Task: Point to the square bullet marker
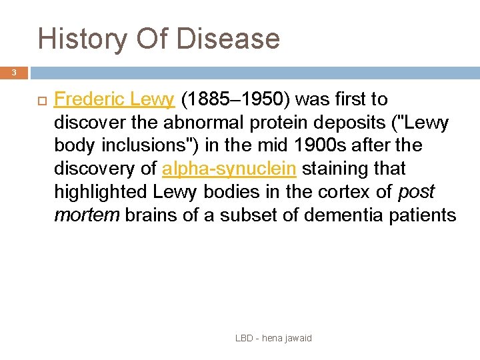(40, 100)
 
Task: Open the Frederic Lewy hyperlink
(114, 99)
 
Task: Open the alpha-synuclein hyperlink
(229, 168)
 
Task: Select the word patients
(423, 215)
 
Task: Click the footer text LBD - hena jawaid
(273, 338)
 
